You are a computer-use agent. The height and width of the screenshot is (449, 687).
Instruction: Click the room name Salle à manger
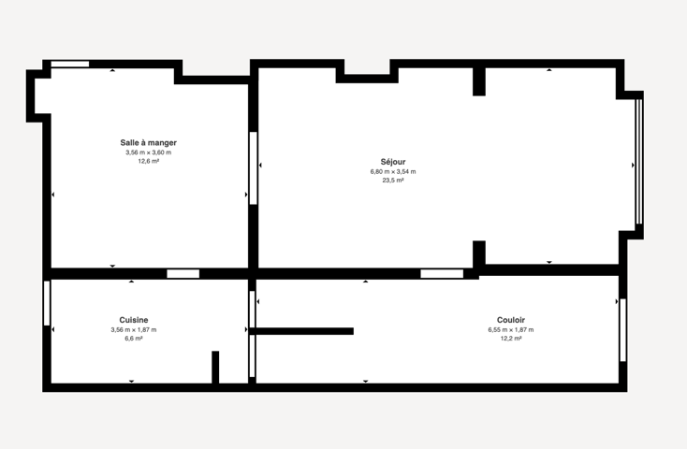pyautogui.click(x=149, y=143)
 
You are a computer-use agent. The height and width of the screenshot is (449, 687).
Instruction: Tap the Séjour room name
pyautogui.click(x=393, y=162)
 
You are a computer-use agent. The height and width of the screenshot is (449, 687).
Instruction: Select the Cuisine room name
pyautogui.click(x=134, y=320)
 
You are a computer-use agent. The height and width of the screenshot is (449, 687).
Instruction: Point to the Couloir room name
pyautogui.click(x=511, y=320)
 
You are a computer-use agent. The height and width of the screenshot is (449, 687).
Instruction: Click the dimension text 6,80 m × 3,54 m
pyautogui.click(x=393, y=172)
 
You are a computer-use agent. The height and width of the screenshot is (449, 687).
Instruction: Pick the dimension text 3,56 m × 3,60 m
pyautogui.click(x=149, y=152)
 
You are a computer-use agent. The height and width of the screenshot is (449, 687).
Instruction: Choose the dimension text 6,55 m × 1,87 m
pyautogui.click(x=511, y=330)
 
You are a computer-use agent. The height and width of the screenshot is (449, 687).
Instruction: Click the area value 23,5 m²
pyautogui.click(x=393, y=181)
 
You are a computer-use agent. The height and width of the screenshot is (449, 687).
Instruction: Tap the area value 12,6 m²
pyautogui.click(x=149, y=161)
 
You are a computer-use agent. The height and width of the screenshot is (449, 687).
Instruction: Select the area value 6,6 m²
pyautogui.click(x=134, y=339)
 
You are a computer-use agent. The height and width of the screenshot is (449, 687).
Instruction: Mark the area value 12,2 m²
pyautogui.click(x=511, y=339)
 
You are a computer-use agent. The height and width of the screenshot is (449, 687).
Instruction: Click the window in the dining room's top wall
pyautogui.click(x=70, y=64)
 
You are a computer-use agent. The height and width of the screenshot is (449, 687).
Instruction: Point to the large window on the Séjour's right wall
pyautogui.click(x=639, y=162)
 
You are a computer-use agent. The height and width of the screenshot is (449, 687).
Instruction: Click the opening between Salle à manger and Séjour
pyautogui.click(x=254, y=167)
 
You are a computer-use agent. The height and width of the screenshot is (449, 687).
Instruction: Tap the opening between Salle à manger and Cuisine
pyautogui.click(x=183, y=274)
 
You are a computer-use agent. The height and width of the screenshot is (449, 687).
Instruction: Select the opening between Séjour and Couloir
pyautogui.click(x=442, y=274)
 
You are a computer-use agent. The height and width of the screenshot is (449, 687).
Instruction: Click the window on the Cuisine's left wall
pyautogui.click(x=47, y=303)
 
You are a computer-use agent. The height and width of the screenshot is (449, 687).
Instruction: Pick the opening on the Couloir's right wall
pyautogui.click(x=622, y=330)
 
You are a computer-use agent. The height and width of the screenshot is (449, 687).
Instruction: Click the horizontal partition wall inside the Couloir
pyautogui.click(x=301, y=331)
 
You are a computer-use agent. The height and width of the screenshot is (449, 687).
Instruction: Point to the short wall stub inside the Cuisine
pyautogui.click(x=215, y=367)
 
